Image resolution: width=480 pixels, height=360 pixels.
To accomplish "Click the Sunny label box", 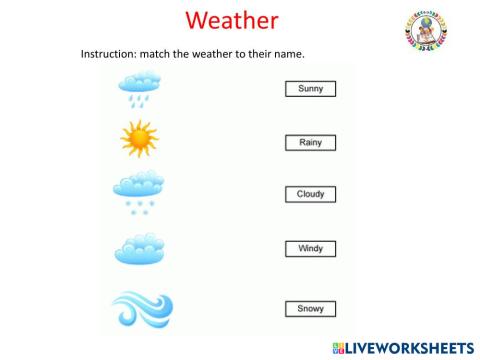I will pyautogui.click(x=310, y=89).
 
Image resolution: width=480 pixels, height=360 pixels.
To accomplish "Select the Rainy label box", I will pyautogui.click(x=310, y=143).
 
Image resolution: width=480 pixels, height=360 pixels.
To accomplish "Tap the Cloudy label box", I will pyautogui.click(x=310, y=194).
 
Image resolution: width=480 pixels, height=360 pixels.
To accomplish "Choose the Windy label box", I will pyautogui.click(x=310, y=247).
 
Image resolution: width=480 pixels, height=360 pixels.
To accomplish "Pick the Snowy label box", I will pyautogui.click(x=310, y=308).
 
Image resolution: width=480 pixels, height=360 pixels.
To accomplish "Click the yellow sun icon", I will pyautogui.click(x=138, y=140).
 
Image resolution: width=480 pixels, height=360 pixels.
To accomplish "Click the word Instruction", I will pyautogui.click(x=106, y=53).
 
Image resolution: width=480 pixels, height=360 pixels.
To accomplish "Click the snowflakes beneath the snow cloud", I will pyautogui.click(x=137, y=206).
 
